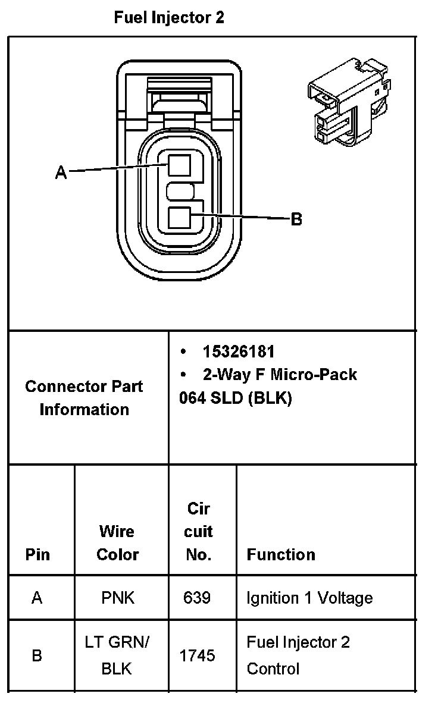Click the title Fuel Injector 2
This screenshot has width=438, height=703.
[169, 18]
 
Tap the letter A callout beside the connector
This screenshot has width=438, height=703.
[61, 172]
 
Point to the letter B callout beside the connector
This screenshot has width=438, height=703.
[296, 219]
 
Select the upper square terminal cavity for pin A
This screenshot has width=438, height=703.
[179, 164]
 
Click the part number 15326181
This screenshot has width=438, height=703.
[239, 351]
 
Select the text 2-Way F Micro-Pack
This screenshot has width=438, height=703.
[280, 375]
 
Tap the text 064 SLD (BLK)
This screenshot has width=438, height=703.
[236, 398]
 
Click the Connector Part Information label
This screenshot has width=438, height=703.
[84, 398]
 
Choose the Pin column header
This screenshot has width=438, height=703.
[37, 554]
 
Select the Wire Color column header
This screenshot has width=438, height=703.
[117, 542]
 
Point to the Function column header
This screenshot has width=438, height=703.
[281, 554]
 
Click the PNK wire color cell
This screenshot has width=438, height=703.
[118, 597]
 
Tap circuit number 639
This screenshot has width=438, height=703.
[198, 597]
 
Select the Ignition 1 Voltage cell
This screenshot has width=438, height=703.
[309, 597]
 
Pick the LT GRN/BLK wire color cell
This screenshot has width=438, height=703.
[117, 655]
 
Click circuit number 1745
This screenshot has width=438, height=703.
[198, 655]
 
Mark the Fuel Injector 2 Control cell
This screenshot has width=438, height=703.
[298, 655]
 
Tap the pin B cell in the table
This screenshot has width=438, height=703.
[37, 655]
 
